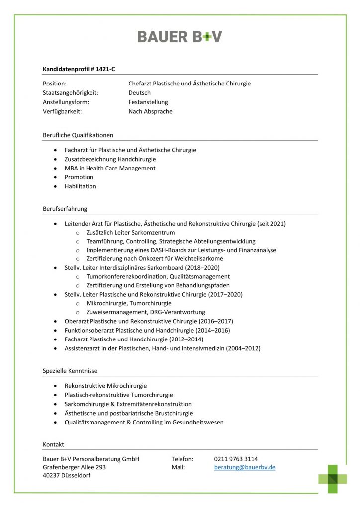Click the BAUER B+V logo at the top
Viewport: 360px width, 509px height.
tap(180, 36)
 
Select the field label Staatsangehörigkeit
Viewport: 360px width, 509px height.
tap(70, 93)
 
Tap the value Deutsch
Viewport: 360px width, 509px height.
tap(139, 93)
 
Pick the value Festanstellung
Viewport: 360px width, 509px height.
tap(148, 102)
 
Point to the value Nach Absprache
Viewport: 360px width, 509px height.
tap(150, 112)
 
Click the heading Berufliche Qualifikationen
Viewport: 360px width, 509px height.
tap(78, 135)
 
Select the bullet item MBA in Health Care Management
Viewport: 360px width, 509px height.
tap(110, 168)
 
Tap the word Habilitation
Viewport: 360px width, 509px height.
tap(81, 186)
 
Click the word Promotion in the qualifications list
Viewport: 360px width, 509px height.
tap(79, 177)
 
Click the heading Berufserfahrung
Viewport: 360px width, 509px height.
tap(65, 209)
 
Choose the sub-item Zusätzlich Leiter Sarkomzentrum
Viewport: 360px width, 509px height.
tap(130, 232)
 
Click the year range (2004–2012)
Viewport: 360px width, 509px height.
tap(243, 348)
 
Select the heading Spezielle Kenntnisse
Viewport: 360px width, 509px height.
tap(70, 371)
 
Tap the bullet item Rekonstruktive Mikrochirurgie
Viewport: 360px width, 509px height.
tap(105, 385)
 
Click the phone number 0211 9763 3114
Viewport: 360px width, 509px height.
tap(236, 459)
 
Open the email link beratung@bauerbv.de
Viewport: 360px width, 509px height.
tap(245, 468)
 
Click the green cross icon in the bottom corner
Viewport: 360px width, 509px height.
tap(333, 478)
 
